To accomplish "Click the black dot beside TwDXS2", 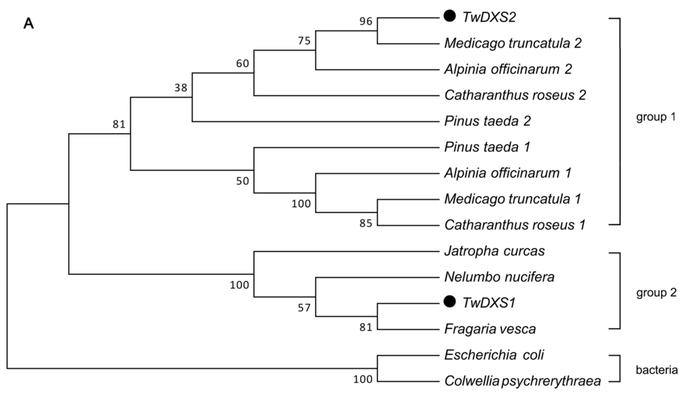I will pos(450,16).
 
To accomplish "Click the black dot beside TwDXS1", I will pos(450,302).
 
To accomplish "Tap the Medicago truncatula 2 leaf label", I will pos(513,43).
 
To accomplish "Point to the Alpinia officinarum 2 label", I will pos(508,69).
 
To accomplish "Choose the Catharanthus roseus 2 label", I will pos(515,95).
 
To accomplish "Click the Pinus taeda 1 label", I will pos(492,146).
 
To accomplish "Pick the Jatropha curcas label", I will pos(494,251).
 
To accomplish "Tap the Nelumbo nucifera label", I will pos(498,276).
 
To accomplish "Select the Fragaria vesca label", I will pos(490,328).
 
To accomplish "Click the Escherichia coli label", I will pos(494,355).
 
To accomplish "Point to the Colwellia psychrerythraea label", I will pos(522,381).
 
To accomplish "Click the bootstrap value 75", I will pos(305,41).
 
